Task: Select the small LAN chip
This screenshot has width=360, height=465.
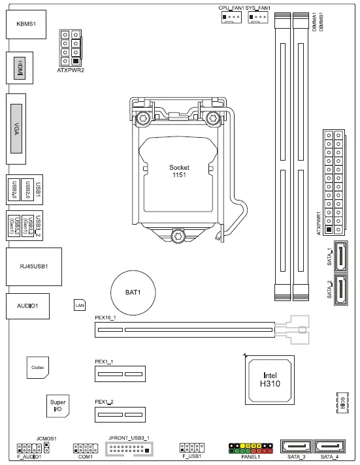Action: pos(80,304)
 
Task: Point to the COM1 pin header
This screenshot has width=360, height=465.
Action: pos(86,449)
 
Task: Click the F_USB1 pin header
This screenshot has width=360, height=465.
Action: pos(192,448)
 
